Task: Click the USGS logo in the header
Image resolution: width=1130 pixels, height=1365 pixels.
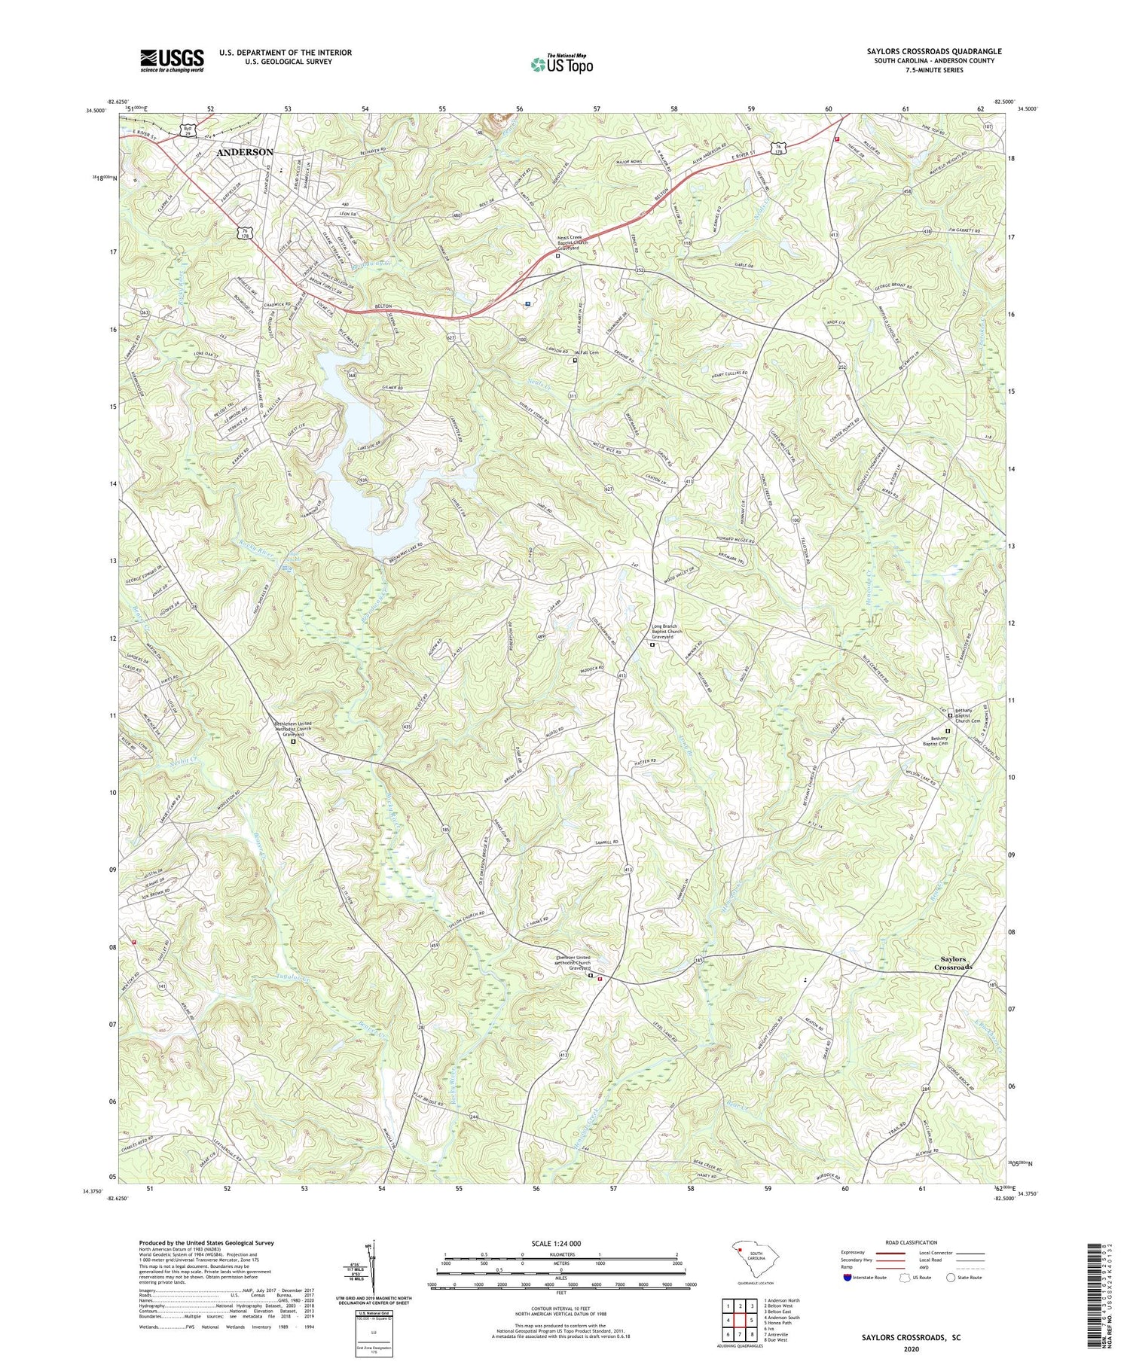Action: (x=172, y=59)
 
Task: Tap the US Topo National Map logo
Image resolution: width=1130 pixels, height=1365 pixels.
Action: (x=561, y=65)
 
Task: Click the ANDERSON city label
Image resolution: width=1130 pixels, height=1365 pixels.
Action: (x=245, y=152)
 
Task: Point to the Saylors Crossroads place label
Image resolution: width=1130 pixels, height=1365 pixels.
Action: (x=953, y=963)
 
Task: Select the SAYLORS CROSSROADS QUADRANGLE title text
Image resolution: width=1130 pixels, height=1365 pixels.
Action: (x=934, y=52)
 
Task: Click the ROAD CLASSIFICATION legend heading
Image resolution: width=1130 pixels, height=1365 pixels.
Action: (x=912, y=1243)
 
